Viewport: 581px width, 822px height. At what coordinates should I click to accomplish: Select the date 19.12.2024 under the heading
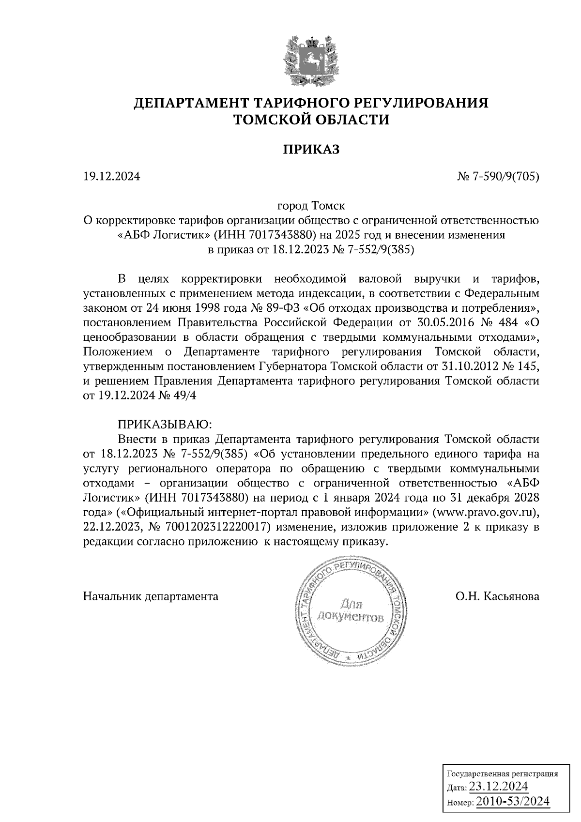click(x=111, y=177)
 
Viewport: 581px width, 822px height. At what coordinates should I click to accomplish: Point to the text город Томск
click(x=310, y=206)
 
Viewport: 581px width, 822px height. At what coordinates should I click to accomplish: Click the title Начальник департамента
click(x=151, y=596)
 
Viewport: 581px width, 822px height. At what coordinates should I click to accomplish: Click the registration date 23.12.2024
click(x=498, y=786)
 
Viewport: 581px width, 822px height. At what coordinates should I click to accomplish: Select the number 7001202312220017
click(x=217, y=527)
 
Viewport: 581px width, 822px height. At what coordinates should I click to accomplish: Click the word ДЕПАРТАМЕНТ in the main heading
click(x=192, y=103)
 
